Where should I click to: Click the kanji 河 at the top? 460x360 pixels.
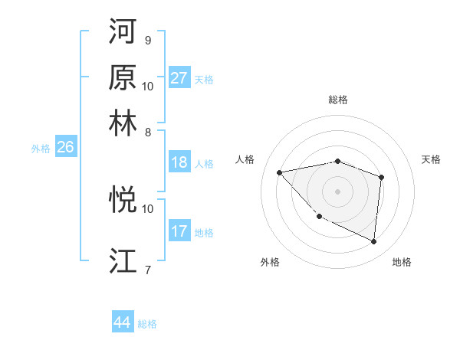click(x=123, y=32)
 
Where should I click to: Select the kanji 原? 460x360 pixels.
click(x=123, y=77)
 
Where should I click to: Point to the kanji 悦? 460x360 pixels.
click(x=123, y=200)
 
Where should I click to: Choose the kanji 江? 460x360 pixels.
click(x=123, y=260)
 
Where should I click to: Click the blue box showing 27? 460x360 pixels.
click(x=179, y=78)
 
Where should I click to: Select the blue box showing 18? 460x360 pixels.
click(x=179, y=162)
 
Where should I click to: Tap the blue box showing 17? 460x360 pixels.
click(x=179, y=231)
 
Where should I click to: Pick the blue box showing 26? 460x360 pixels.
click(x=65, y=148)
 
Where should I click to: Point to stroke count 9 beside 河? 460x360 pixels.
click(x=147, y=40)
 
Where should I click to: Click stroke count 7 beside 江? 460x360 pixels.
click(x=147, y=269)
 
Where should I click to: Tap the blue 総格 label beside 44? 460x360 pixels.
click(x=147, y=324)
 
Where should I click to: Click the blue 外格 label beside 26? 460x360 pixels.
click(x=40, y=149)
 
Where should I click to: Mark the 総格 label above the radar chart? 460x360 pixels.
click(x=337, y=100)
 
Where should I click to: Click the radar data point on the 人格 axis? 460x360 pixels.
click(x=280, y=172)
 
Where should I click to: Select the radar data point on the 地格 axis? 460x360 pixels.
click(x=374, y=242)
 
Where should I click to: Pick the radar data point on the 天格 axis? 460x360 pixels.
click(x=382, y=176)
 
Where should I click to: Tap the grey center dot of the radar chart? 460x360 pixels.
click(x=337, y=191)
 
